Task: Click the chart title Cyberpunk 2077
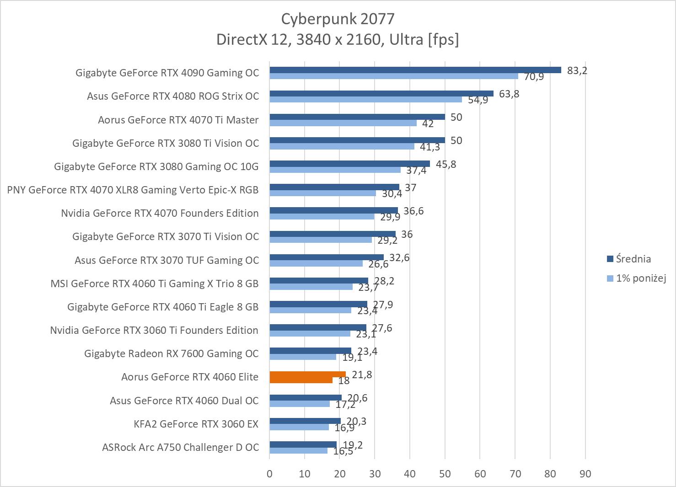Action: [x=338, y=19]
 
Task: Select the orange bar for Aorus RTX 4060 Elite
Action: [x=307, y=375]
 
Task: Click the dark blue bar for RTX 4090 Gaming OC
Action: [x=415, y=70]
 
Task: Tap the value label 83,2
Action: [x=577, y=70]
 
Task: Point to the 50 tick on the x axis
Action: [x=445, y=474]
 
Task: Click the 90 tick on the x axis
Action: [x=585, y=474]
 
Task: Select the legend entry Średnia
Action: [x=633, y=259]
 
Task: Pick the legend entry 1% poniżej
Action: [x=640, y=278]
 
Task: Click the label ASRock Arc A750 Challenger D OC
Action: [x=180, y=447]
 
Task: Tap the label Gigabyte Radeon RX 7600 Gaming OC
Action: [x=172, y=353]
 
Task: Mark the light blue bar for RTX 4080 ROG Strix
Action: [x=365, y=99]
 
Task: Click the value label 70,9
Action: [x=534, y=77]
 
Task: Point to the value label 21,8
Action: [x=362, y=375]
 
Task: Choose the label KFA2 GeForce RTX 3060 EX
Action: [x=196, y=424]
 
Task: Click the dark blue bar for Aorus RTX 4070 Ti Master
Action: [x=357, y=117]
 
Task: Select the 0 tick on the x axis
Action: [x=269, y=474]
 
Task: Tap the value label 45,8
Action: [x=446, y=164]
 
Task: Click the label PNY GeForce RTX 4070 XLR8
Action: [x=133, y=190]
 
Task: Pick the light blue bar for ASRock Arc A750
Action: [x=298, y=450]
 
